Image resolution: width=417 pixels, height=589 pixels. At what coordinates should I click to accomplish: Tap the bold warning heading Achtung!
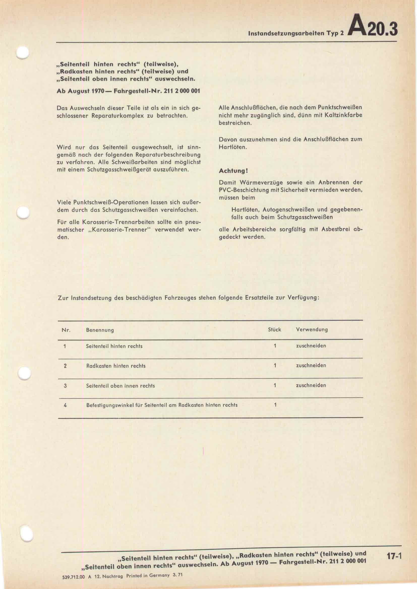pos(233,171)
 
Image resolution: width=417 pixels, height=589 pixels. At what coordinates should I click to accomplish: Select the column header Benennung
pos(100,330)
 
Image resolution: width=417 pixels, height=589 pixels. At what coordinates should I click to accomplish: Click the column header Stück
pos(275,330)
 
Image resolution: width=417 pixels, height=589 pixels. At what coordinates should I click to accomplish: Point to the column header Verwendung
pos(312,330)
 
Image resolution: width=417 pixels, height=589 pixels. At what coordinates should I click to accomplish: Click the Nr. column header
pos(66,330)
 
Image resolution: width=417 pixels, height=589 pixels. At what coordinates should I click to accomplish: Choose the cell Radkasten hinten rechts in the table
pos(116,366)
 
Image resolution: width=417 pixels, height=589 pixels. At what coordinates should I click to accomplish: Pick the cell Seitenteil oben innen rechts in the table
pos(121,386)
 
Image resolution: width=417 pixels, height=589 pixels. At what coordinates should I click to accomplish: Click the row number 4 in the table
pos(65,405)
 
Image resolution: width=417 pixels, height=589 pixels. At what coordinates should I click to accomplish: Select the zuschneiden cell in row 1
pos(311,346)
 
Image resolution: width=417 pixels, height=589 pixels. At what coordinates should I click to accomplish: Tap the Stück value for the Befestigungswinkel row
pos(275,405)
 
